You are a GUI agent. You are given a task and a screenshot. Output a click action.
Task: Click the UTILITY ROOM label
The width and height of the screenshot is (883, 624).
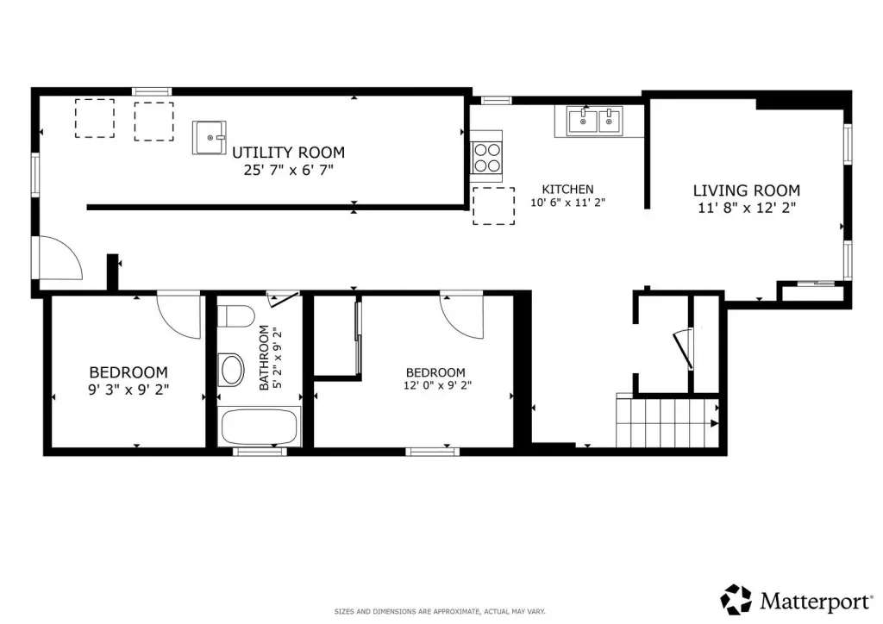point(288,153)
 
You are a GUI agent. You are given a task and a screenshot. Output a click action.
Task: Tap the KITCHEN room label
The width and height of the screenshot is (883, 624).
point(567,190)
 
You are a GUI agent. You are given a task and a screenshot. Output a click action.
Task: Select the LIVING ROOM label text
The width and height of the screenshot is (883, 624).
point(747,190)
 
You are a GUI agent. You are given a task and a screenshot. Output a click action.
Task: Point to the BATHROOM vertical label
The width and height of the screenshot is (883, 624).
point(264,358)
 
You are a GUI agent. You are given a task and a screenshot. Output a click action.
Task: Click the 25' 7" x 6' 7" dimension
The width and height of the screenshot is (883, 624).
point(288,170)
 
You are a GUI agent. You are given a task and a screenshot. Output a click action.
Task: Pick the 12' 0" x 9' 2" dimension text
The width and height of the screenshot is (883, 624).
point(437,385)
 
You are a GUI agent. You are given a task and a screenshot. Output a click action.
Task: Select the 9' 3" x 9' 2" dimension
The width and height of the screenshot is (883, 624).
point(128,390)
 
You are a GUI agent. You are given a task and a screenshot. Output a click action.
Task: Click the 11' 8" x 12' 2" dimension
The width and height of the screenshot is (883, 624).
point(747,209)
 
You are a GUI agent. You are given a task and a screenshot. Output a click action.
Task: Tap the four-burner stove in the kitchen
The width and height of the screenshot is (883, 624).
point(487,157)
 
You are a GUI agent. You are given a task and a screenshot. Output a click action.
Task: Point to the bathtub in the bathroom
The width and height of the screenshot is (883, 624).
point(259,427)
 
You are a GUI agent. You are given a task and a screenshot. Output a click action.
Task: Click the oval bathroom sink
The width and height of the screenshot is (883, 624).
point(231,370)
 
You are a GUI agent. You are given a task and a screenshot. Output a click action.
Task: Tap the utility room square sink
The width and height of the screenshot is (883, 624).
point(209,137)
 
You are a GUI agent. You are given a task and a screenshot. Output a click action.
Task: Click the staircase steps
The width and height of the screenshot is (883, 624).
point(668,423)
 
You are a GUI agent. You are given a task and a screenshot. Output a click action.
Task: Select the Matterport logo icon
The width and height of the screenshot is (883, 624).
point(736,600)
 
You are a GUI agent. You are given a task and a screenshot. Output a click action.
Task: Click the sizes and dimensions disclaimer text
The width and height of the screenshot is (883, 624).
point(440,612)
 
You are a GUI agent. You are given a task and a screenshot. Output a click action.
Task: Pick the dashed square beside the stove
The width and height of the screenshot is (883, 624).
point(494,206)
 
